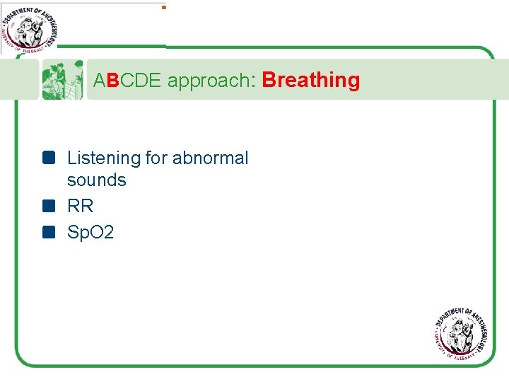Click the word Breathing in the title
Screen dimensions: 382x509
310,81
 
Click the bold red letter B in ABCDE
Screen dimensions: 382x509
113,81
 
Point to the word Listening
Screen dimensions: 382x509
103,158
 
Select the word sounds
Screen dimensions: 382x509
96,180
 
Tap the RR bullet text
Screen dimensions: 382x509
80,206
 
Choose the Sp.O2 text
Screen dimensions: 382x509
90,231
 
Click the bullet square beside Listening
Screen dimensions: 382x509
48,158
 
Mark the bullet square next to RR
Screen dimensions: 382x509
48,206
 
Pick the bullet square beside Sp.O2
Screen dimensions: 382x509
48,231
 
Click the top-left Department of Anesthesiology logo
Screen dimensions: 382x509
29,28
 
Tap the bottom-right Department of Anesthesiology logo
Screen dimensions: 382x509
464,335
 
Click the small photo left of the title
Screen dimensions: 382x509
62,79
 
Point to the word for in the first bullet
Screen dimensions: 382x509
156,158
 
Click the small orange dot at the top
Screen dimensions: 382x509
164,8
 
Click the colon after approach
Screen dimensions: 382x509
252,82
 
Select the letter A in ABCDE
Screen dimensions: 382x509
100,81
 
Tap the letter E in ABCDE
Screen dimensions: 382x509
157,81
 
